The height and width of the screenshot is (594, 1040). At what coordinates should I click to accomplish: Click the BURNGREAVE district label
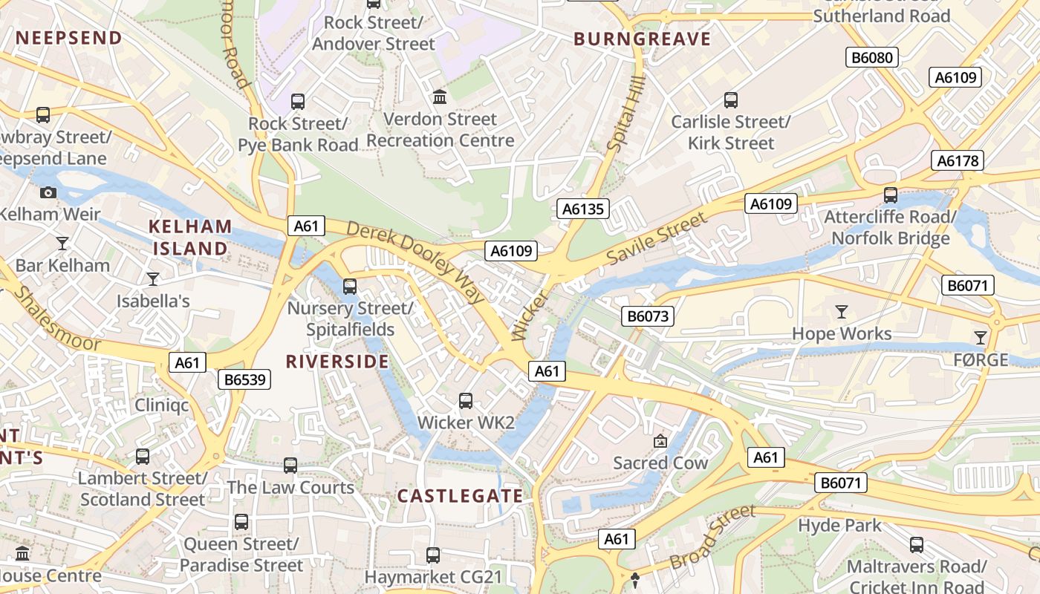[x=642, y=39]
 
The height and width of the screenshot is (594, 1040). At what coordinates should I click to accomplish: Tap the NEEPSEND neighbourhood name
[x=69, y=38]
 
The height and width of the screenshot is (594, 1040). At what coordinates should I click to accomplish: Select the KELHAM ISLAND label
[x=190, y=238]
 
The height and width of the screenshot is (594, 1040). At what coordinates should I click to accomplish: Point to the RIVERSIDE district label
[x=337, y=362]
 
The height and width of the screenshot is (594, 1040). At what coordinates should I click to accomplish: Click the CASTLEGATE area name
[x=460, y=496]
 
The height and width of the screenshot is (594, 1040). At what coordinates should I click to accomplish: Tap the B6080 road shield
[x=872, y=57]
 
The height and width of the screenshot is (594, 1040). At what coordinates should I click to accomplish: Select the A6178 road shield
[x=958, y=160]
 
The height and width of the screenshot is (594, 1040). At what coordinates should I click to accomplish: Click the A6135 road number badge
[x=583, y=209]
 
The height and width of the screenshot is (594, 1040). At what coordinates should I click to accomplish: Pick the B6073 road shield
[x=648, y=316]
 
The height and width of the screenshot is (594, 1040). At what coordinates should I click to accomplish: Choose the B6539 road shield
[x=245, y=380]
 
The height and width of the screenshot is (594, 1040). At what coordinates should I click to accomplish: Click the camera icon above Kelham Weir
[x=48, y=193]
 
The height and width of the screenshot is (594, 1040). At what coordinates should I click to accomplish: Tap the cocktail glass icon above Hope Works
[x=841, y=312]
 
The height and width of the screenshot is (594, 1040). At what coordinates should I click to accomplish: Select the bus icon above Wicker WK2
[x=466, y=401]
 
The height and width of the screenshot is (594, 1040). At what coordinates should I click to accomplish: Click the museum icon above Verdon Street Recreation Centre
[x=440, y=97]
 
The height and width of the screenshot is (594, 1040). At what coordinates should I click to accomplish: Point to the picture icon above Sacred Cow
[x=660, y=441]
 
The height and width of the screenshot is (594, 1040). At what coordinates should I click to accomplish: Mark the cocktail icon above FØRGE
[x=981, y=338]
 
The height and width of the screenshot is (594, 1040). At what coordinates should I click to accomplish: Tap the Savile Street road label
[x=657, y=238]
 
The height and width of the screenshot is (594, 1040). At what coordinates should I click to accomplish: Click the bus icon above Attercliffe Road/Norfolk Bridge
[x=890, y=195]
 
